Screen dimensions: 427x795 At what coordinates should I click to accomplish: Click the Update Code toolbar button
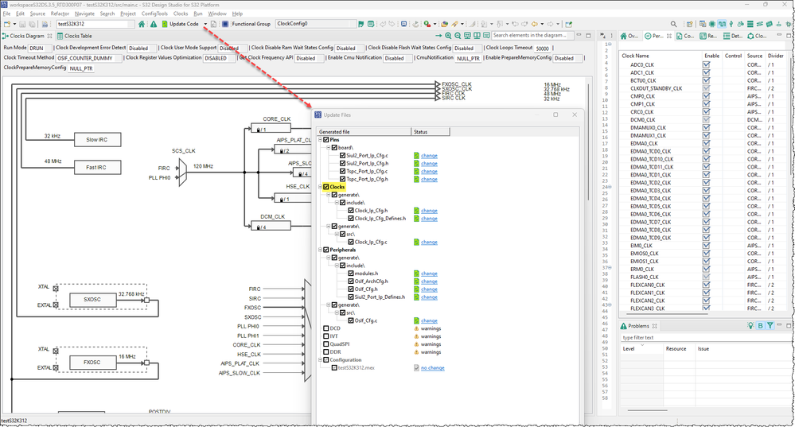coord(183,24)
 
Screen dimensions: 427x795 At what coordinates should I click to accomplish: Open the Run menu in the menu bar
coord(197,14)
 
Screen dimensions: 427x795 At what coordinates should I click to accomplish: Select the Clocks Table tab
coord(73,36)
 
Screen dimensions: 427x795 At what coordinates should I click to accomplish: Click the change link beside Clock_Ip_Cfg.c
coord(429,242)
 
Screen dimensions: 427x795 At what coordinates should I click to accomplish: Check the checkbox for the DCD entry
coord(326,328)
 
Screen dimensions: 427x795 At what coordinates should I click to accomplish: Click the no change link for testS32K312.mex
coord(432,368)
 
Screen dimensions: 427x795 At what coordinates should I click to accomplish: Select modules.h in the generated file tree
coord(367,274)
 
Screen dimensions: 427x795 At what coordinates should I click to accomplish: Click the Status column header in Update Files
coord(422,131)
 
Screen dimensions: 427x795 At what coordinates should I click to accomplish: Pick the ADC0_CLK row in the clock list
coord(643,64)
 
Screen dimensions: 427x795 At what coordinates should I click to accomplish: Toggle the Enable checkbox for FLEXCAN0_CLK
coord(706,285)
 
